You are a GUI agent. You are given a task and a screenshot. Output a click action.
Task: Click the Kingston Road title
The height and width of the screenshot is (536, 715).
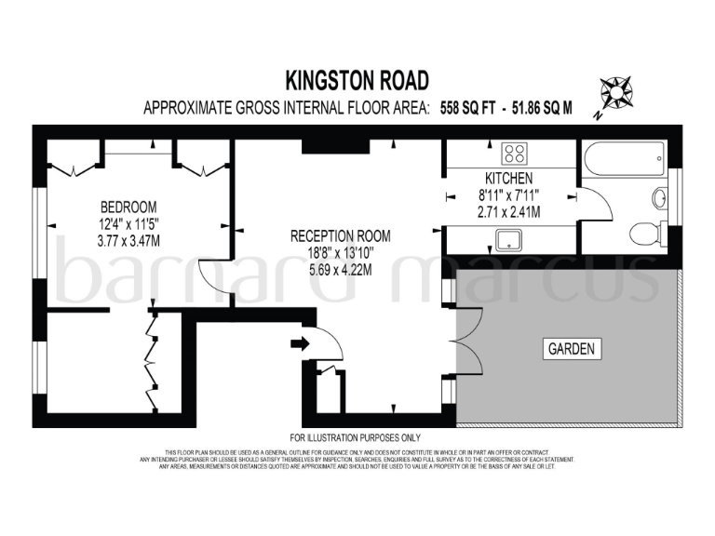click(357, 80)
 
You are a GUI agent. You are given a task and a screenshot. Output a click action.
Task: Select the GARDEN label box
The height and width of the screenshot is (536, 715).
click(571, 350)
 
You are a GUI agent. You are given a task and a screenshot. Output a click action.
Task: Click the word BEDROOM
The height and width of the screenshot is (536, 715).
click(128, 207)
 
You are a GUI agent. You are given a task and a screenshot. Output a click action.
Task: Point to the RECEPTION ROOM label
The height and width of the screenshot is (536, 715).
click(340, 236)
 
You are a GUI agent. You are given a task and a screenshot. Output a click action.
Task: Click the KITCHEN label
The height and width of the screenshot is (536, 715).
click(508, 178)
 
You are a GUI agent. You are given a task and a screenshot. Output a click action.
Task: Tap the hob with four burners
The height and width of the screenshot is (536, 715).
click(513, 153)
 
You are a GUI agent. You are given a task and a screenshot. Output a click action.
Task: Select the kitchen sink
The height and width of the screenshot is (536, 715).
click(508, 241)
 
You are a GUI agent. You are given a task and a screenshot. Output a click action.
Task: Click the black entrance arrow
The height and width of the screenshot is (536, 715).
click(299, 344)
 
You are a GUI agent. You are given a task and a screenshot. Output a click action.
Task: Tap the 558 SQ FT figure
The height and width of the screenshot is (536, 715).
click(466, 109)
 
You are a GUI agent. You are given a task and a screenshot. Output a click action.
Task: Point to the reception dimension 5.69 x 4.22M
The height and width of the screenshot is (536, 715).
click(340, 271)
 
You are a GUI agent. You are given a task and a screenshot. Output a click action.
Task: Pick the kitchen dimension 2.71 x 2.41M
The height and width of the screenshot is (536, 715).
click(508, 212)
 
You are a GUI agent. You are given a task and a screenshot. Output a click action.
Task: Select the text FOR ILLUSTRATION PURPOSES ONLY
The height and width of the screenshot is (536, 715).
click(356, 437)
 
